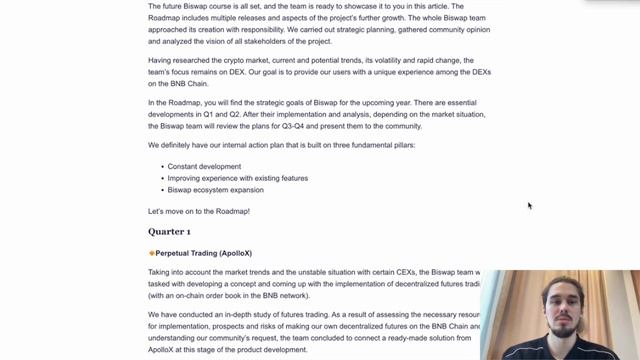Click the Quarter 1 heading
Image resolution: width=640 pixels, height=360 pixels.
pos(169,232)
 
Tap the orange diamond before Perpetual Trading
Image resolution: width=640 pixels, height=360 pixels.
pos(151,254)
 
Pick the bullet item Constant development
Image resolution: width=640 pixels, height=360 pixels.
pos(204,167)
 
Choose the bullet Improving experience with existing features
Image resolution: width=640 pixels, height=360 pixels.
pos(237,178)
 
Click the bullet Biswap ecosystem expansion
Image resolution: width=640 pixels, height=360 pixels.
pos(215,190)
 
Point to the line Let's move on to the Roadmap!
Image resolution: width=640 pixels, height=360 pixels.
pos(199,211)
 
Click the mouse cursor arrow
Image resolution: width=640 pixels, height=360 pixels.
pos(529,205)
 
